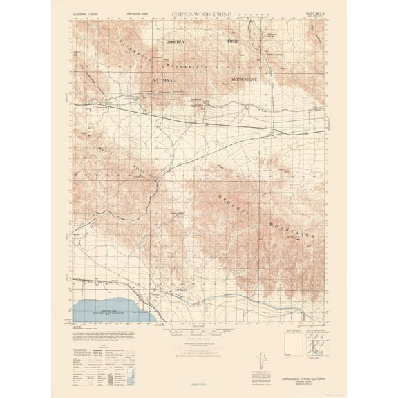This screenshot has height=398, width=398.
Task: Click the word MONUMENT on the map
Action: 240,80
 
